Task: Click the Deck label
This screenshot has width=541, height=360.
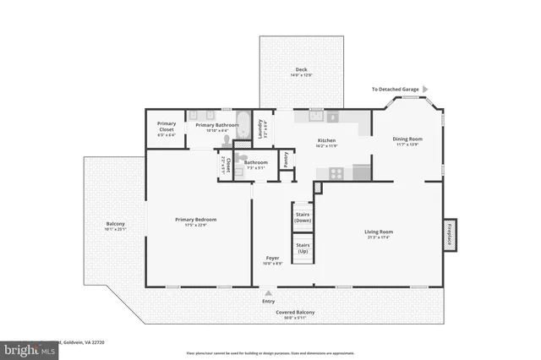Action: coord(301,69)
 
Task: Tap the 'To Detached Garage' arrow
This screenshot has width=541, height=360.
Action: coord(425,89)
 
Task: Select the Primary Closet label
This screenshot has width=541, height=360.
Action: coord(167,126)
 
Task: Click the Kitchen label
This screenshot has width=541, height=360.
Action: coord(326,140)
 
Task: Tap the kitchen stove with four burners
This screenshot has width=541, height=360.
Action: coord(336,172)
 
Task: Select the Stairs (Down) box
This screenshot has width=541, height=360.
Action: coord(302,215)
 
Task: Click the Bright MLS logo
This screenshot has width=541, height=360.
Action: coord(25,348)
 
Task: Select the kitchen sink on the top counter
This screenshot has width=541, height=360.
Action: coord(332,118)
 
